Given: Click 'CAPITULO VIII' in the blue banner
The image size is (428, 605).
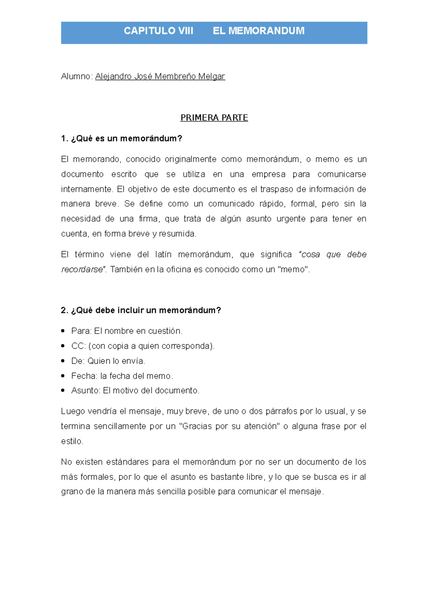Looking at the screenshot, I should pos(158,31).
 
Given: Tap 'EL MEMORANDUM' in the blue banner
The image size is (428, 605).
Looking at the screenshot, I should pos(259,31).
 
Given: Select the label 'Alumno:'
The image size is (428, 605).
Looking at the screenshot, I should pos(77,77).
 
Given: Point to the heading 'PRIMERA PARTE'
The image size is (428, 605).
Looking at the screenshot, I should pos(214,118).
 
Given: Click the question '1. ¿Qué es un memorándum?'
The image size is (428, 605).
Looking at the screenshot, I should pos(121,139).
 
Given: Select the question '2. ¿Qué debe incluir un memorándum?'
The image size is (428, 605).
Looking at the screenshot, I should pos(141,310).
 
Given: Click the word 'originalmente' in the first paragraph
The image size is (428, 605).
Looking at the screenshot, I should pos(190,159).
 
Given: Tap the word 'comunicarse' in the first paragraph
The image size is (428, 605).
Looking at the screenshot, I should pos(342,174).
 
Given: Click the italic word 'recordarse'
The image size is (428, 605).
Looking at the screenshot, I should pos(82,269).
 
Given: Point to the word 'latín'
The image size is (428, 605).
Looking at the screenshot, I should pos(163,254).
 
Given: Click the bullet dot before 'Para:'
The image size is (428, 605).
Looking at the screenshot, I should pos(63,331).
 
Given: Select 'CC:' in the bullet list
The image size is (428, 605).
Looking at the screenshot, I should pos(78,346).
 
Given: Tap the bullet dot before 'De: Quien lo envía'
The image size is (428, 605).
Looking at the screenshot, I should pos(63,361).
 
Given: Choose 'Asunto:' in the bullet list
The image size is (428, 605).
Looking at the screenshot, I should pos(86,391).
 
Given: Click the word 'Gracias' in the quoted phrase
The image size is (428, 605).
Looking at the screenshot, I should pos(197,426).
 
